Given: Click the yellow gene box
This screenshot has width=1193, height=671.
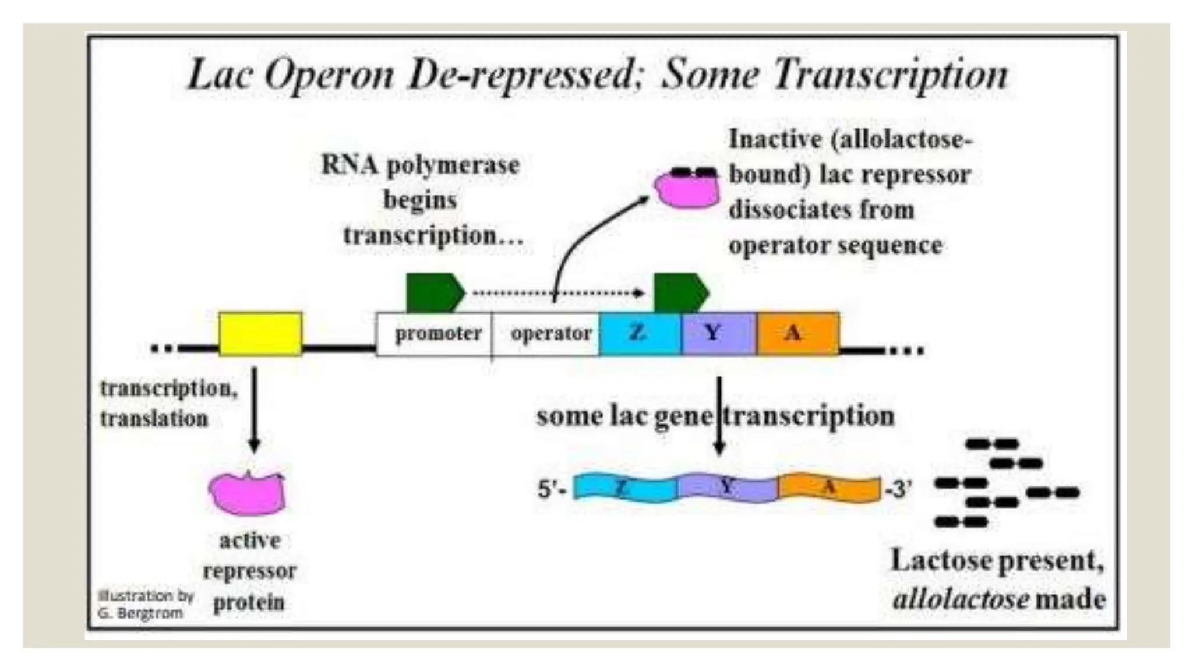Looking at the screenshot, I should point(260,333).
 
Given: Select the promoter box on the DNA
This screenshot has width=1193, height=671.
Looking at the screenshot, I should point(434,334).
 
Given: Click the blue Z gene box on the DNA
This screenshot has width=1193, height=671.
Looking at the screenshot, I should point(640,333).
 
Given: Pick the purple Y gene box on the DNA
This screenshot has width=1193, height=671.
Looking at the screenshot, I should point(719,333).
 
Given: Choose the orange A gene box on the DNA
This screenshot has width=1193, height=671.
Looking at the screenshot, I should point(797,333).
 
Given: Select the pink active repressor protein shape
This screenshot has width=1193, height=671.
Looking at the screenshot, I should point(248,493).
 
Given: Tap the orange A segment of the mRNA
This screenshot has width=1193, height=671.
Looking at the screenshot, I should point(829,488).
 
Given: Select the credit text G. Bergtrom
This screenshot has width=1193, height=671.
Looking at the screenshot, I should point(140,613).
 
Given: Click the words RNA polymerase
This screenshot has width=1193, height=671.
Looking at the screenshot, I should point(420,165).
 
